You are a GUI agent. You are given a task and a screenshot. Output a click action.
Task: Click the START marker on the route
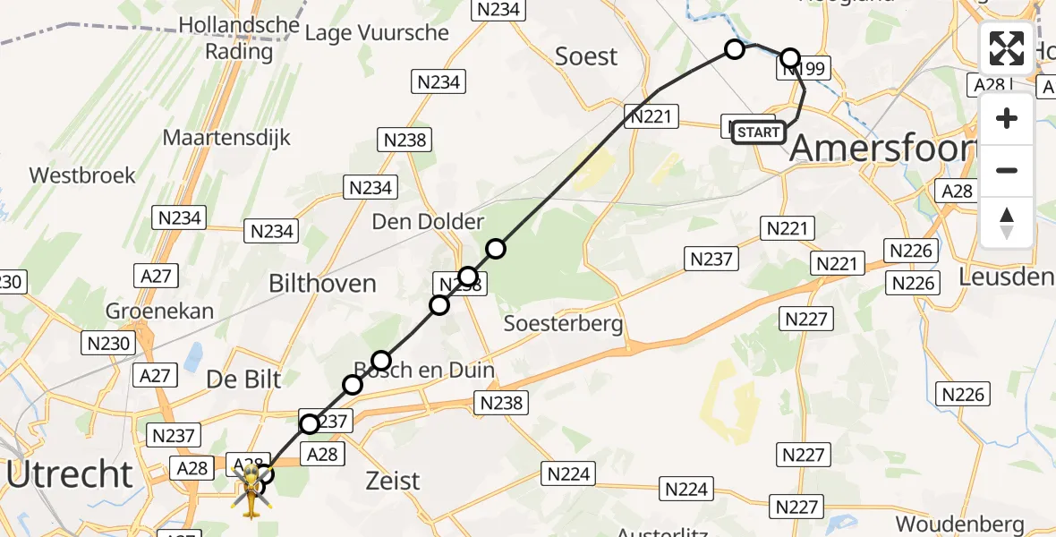point(759,132)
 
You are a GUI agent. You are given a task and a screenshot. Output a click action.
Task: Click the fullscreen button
point(1007,48)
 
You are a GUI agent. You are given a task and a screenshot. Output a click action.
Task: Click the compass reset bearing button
point(1007,222)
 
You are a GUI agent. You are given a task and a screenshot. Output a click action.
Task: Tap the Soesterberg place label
point(564,323)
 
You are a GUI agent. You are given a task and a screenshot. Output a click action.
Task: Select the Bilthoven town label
point(322,284)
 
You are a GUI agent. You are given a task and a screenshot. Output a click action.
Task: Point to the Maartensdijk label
point(226,138)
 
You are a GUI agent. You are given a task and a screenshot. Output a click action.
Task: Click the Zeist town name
point(393,481)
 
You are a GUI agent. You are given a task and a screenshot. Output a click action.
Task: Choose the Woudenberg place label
point(959,524)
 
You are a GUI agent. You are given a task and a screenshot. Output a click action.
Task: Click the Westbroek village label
point(82,175)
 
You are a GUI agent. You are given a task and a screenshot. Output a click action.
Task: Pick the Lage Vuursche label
point(377,33)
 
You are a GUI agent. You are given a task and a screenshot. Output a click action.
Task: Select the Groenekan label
point(160,311)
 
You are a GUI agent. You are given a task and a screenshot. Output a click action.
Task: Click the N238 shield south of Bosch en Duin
point(501,404)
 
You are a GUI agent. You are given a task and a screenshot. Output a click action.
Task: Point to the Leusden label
point(1005,277)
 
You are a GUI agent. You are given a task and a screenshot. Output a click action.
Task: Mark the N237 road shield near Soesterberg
point(711,260)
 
